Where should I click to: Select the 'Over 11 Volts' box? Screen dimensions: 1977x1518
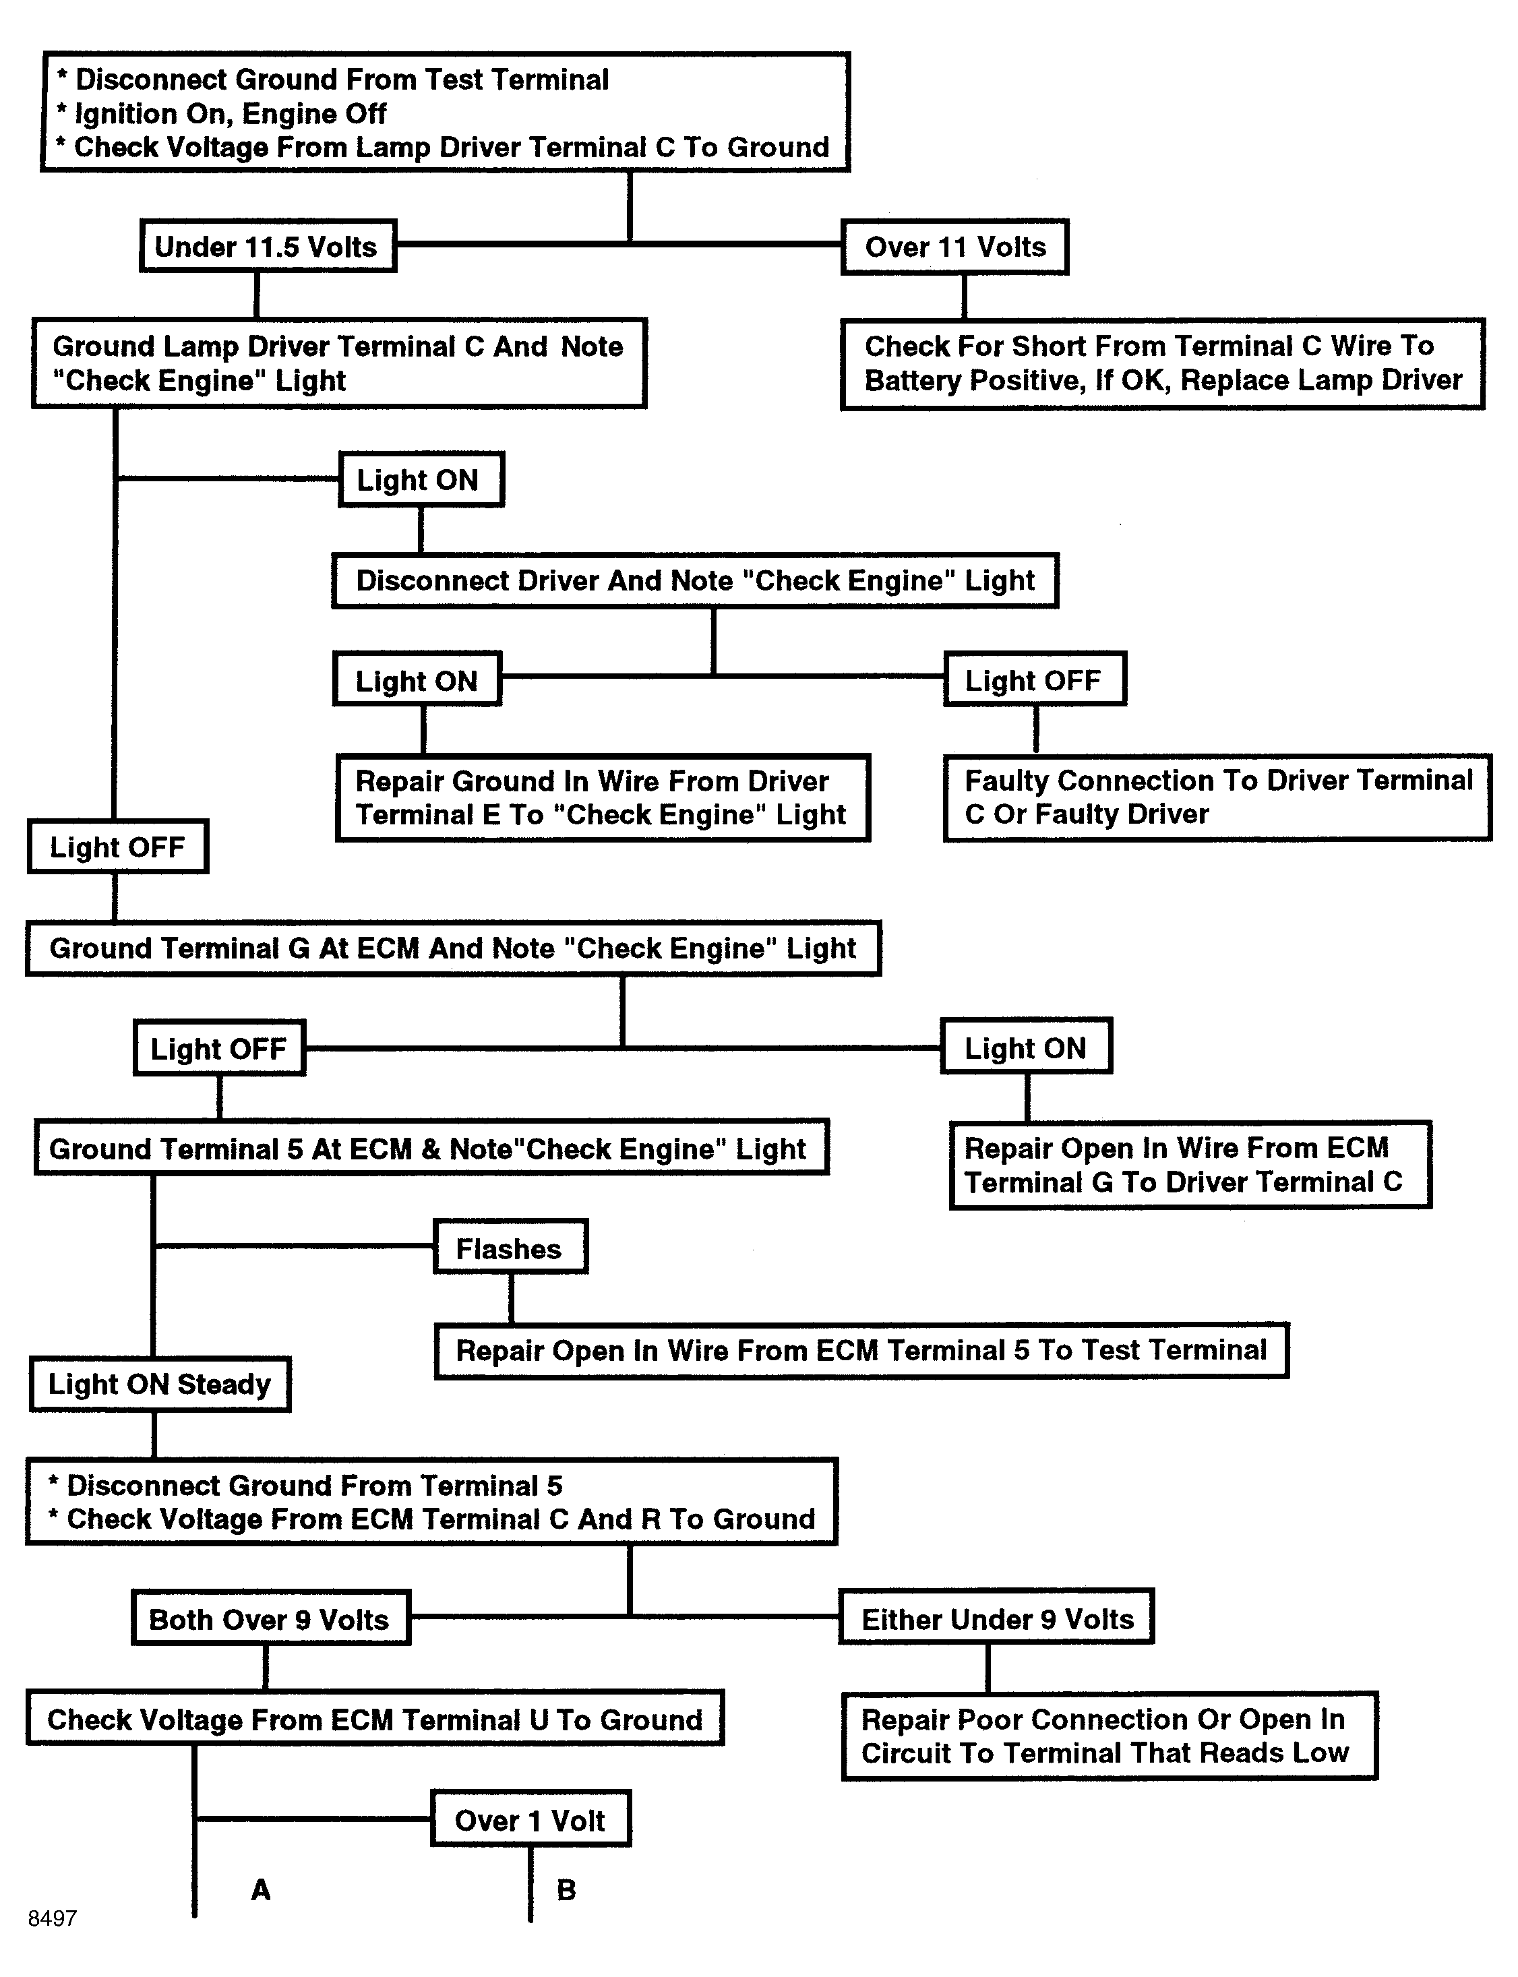click(x=954, y=247)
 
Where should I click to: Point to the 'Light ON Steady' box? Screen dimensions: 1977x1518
click(x=160, y=1385)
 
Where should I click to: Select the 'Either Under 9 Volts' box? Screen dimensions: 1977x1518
click(x=997, y=1618)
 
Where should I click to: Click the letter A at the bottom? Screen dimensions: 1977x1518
click(x=260, y=1889)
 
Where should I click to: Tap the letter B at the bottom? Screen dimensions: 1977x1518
click(x=566, y=1889)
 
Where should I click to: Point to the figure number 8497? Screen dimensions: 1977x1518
click(x=53, y=1918)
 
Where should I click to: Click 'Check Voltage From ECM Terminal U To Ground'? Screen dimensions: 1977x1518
click(x=375, y=1719)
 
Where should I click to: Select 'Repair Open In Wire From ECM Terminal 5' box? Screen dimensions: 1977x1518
click(x=861, y=1351)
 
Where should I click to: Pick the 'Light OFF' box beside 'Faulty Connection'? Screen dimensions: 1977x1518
click(x=1035, y=680)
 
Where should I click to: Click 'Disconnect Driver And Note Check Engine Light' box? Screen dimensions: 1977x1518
click(x=695, y=580)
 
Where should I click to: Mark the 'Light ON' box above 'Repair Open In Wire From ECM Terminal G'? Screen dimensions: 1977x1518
click(x=1025, y=1047)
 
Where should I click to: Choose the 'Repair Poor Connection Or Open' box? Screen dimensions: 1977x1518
click(x=1109, y=1736)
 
